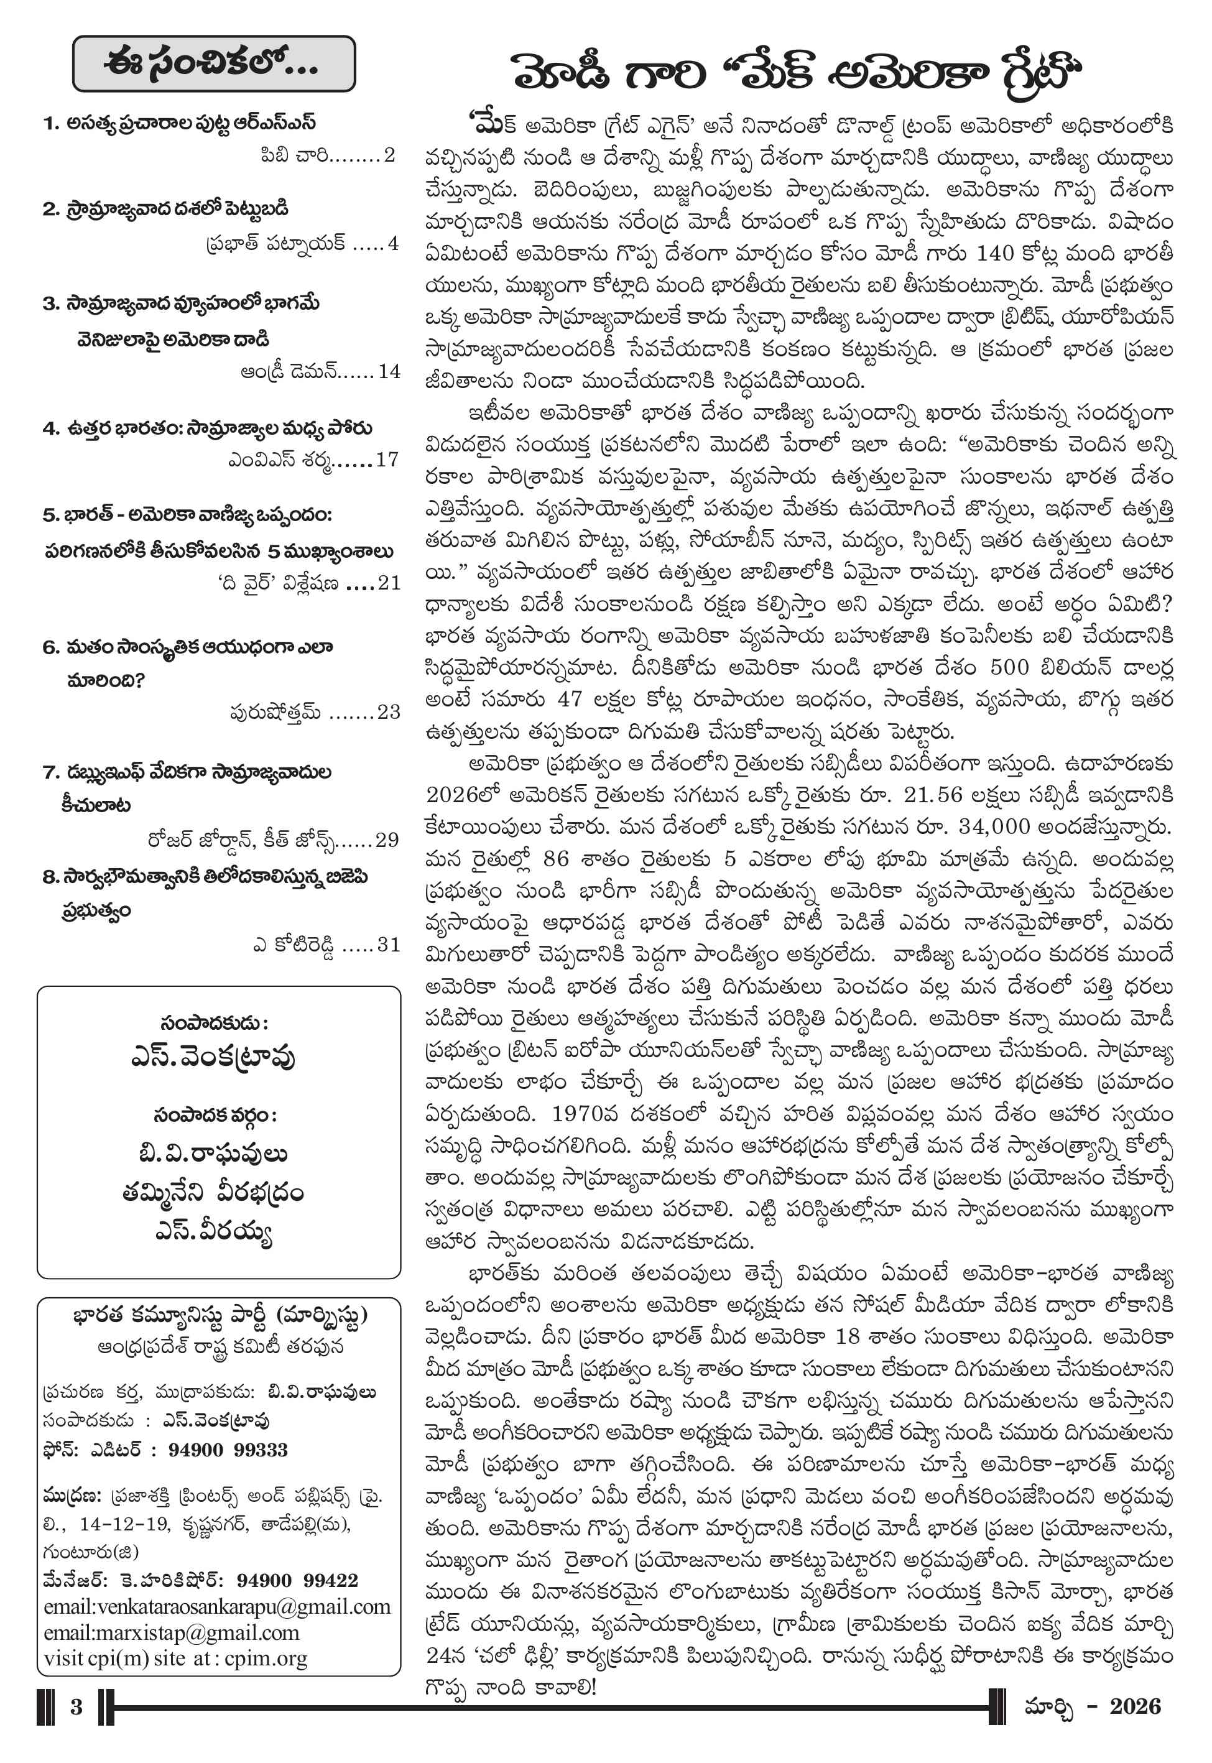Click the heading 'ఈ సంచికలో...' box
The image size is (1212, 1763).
(213, 64)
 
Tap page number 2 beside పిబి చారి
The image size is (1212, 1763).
(389, 155)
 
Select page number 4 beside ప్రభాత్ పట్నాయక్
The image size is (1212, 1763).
(392, 244)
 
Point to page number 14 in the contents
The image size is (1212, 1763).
(389, 371)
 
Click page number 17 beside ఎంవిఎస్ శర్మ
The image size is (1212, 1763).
(387, 460)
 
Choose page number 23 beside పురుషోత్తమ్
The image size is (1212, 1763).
(388, 711)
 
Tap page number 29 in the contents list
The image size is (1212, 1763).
(387, 840)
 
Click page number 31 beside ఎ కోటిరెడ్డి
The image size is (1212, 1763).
(388, 945)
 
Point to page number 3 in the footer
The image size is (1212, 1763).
(76, 1707)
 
